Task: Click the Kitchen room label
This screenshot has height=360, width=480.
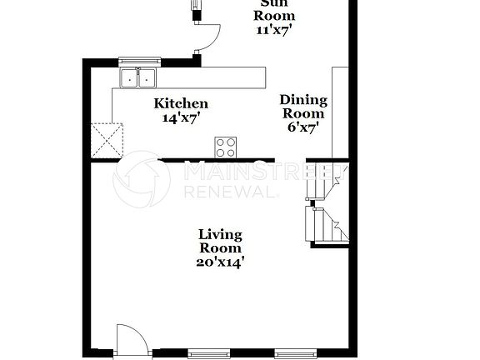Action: pos(181,104)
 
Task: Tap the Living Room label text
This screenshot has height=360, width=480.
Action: pos(220,241)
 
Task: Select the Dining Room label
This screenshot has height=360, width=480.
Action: pos(303,107)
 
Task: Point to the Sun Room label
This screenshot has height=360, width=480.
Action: pos(274,9)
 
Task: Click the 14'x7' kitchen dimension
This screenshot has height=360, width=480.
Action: pos(181,118)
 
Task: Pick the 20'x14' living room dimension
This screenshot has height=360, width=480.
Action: pos(220,262)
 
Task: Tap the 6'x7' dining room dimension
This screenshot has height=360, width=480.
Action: pos(302,127)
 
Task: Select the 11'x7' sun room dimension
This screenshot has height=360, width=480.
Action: pos(274,29)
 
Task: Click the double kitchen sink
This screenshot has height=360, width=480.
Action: pos(138,78)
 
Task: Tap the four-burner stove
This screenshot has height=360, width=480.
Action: pos(226,147)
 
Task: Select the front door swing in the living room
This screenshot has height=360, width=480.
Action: pos(132,338)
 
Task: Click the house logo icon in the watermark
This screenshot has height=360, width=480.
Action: pos(141,179)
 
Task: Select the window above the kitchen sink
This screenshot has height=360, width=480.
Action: pos(138,61)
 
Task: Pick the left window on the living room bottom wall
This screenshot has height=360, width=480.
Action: pos(208,353)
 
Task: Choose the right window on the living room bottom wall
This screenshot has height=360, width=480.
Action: pos(296,353)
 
